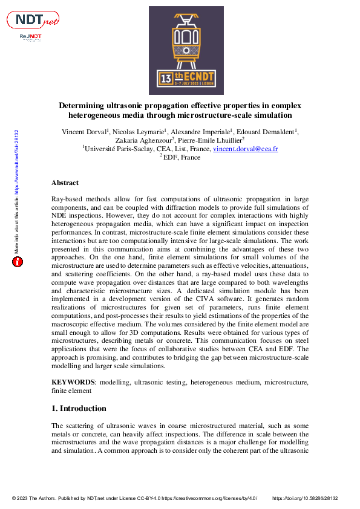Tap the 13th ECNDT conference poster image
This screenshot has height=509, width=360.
click(182, 51)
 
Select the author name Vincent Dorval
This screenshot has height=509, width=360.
click(84, 132)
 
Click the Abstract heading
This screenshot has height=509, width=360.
click(65, 183)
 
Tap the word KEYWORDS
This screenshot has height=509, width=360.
click(73, 383)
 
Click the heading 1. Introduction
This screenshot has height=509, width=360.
click(79, 408)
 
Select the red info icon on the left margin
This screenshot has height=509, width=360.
click(18, 262)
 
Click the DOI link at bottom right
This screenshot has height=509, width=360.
click(306, 498)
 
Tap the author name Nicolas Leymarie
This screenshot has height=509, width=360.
click(137, 132)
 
